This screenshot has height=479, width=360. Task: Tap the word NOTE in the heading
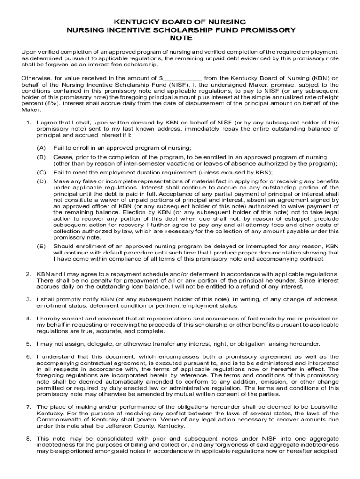click(x=180, y=38)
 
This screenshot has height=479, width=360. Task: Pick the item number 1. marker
click(x=29, y=123)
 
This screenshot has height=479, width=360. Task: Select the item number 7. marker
click(x=29, y=407)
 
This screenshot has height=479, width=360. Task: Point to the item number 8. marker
click(x=29, y=438)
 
